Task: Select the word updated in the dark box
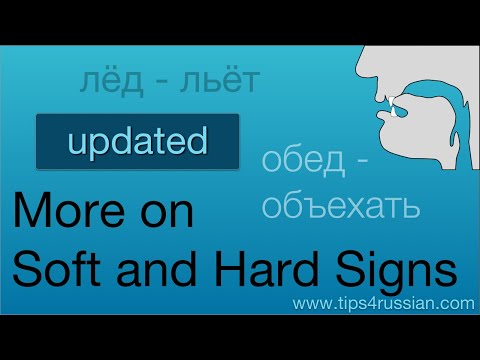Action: [138, 141]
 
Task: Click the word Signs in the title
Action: [404, 267]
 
